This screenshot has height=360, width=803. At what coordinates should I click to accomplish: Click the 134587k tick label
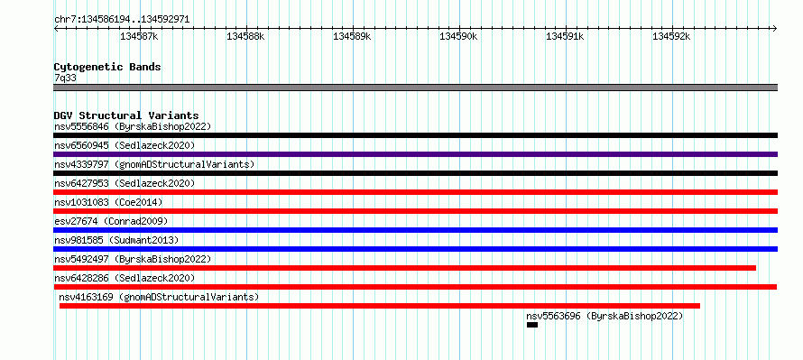coord(139,37)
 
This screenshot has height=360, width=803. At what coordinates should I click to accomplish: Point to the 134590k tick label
coord(458,37)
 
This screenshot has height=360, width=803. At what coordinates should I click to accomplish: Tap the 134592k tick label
coord(671,37)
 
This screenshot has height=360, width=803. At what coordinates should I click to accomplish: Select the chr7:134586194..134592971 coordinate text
coord(122,20)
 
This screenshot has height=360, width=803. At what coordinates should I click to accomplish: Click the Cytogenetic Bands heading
coord(107,67)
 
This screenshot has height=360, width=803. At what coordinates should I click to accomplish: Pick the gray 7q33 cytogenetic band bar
coord(415,88)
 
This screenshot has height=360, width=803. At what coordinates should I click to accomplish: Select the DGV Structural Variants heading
coord(126,115)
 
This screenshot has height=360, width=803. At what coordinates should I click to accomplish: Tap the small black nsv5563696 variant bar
coord(532,325)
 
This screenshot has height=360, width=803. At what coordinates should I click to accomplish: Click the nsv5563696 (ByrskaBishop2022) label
coord(605,316)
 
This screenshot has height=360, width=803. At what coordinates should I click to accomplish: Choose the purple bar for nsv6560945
coord(415,154)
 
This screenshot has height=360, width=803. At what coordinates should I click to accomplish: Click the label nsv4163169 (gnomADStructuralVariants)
coord(159,297)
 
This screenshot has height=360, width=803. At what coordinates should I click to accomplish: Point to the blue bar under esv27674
coord(415,230)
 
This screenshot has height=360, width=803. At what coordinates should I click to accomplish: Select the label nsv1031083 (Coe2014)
coord(108,202)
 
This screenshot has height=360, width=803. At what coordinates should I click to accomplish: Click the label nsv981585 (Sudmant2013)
coord(116,240)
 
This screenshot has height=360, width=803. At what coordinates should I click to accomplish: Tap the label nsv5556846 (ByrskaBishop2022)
coord(133,126)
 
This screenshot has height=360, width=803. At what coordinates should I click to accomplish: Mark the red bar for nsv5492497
coord(404,268)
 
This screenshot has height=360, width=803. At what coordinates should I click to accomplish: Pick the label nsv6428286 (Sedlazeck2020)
coord(125,278)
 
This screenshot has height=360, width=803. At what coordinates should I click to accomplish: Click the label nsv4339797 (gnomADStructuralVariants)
coord(154,164)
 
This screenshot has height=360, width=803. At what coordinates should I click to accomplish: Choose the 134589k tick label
coord(352,37)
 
